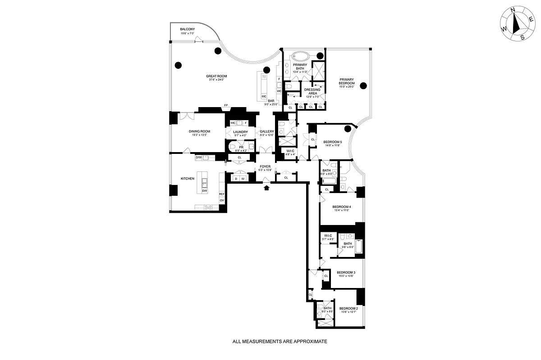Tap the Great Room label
coord(213,76)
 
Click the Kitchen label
coord(188,179)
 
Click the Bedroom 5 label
coord(332,142)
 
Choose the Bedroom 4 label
coord(341,207)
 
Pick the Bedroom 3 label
coord(346,272)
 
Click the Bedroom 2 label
coord(348,308)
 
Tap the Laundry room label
coord(240,131)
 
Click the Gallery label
coord(267,131)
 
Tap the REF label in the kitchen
coord(222,194)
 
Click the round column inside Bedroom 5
coord(348,129)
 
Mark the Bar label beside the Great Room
coord(271,101)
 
